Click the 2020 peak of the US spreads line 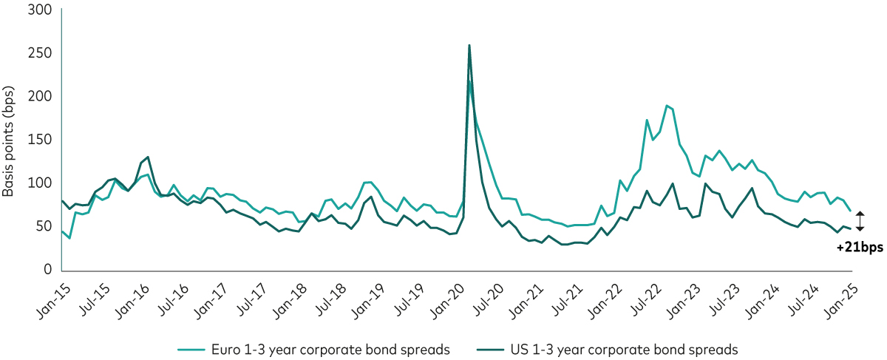tap(469, 46)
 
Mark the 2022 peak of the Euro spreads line tap(666, 106)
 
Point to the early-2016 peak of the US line tap(149, 157)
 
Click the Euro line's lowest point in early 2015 tap(69, 238)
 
